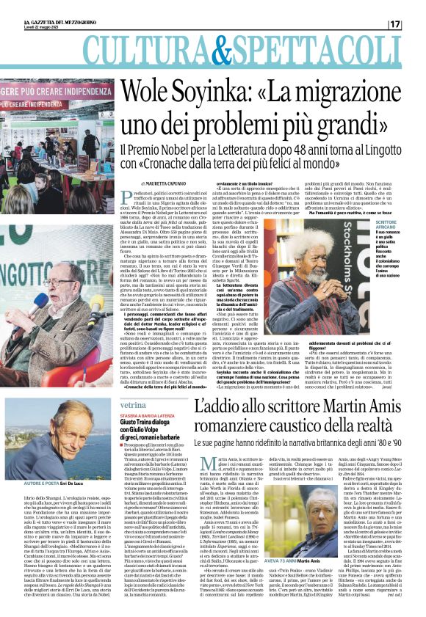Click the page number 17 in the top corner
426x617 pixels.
click(415, 24)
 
